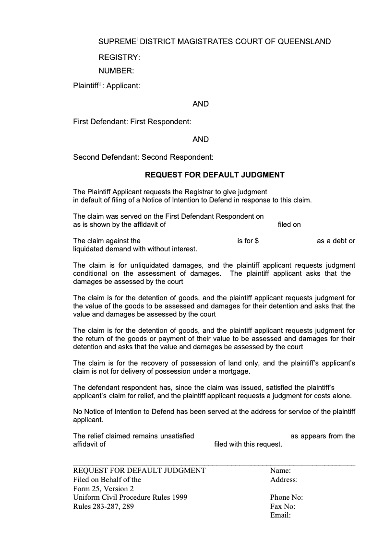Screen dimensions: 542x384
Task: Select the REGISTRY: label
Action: (x=119, y=58)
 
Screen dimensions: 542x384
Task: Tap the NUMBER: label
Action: (x=116, y=71)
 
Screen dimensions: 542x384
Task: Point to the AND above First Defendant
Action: (x=201, y=104)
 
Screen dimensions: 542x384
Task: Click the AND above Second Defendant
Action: (x=201, y=140)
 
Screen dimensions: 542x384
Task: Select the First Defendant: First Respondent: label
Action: (x=132, y=122)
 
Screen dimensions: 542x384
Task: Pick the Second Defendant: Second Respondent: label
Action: (x=143, y=157)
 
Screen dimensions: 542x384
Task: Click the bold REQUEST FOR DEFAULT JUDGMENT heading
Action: (x=215, y=175)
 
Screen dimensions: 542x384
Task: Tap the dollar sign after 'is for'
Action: (x=257, y=241)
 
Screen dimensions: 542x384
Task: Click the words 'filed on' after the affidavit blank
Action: (x=289, y=224)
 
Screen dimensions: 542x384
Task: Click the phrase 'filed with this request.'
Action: (x=248, y=444)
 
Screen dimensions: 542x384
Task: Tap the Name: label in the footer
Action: (x=280, y=471)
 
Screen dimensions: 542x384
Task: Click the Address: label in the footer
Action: (x=284, y=480)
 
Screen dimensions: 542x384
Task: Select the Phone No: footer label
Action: (x=286, y=497)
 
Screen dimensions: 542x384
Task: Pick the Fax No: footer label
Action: (x=282, y=507)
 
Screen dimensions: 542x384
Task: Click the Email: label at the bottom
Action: (x=281, y=516)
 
